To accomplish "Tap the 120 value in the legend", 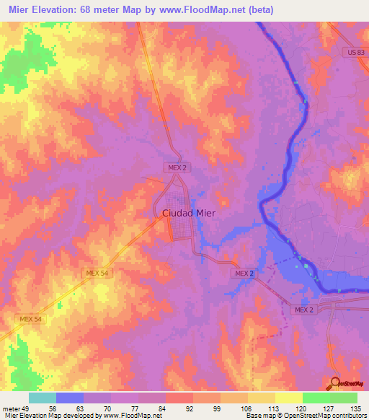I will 302,408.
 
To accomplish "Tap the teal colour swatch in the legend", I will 43,398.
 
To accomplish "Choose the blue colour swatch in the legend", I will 70,398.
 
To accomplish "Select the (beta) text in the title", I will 272,10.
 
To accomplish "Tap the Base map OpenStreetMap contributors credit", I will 306,416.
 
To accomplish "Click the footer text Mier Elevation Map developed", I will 50,416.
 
